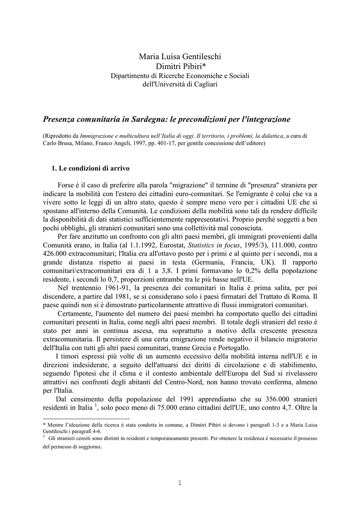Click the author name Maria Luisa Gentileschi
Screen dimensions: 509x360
(180, 57)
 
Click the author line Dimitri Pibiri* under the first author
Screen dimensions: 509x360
(180, 66)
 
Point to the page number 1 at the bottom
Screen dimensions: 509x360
(180, 483)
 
